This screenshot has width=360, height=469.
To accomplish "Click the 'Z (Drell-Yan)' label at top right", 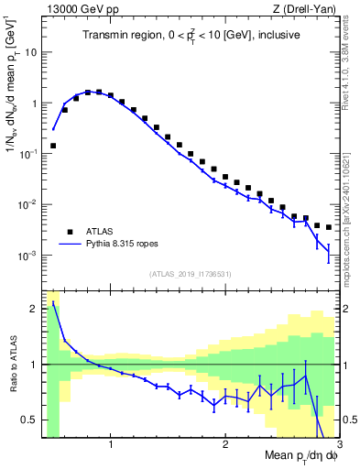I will [x=308, y=8].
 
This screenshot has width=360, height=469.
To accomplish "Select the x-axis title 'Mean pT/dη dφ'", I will [x=300, y=457].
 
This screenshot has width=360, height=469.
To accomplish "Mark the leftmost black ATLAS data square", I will [x=53, y=146].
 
